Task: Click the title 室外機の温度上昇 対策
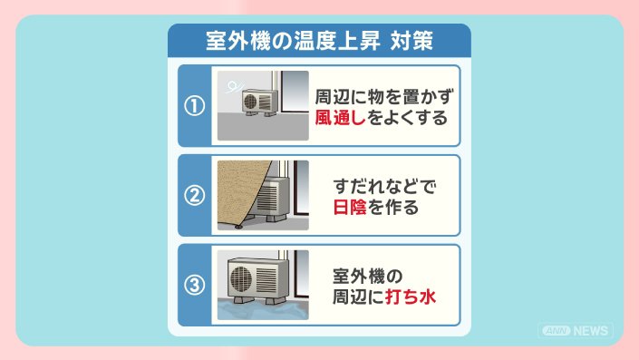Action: coord(319,41)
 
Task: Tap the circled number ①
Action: coord(194,106)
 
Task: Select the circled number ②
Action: coord(194,196)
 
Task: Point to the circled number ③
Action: coord(194,285)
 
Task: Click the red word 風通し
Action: coord(340,117)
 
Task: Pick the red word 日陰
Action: coord(350,207)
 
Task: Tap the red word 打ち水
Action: coord(411,297)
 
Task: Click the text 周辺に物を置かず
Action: coord(384,97)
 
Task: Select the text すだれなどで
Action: coord(384,186)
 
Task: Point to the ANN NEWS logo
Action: coord(576,330)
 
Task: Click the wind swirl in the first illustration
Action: coord(234,86)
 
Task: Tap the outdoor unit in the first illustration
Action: coord(259,102)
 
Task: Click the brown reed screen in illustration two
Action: coord(243,194)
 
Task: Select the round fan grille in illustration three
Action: coord(241,279)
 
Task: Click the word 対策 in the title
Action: coord(411,41)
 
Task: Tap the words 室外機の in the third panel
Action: coord(368,276)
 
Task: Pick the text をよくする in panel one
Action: coord(407,117)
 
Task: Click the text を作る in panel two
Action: coord(392,207)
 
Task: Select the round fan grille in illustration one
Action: coord(250,102)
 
